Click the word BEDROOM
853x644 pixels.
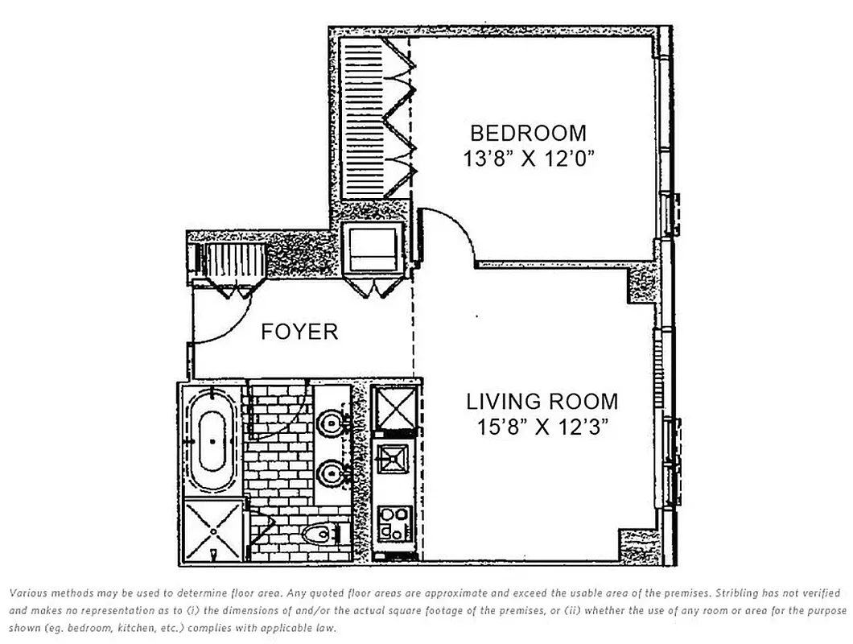pos(528,134)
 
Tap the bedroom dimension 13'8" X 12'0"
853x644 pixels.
pos(528,159)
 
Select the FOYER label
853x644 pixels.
pos(299,332)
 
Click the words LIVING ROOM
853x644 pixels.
pos(542,402)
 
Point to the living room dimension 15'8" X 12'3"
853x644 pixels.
pos(542,427)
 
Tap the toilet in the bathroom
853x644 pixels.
pos(321,534)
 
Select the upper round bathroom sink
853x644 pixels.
pos(330,423)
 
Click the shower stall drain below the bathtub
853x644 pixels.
pos(213,531)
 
